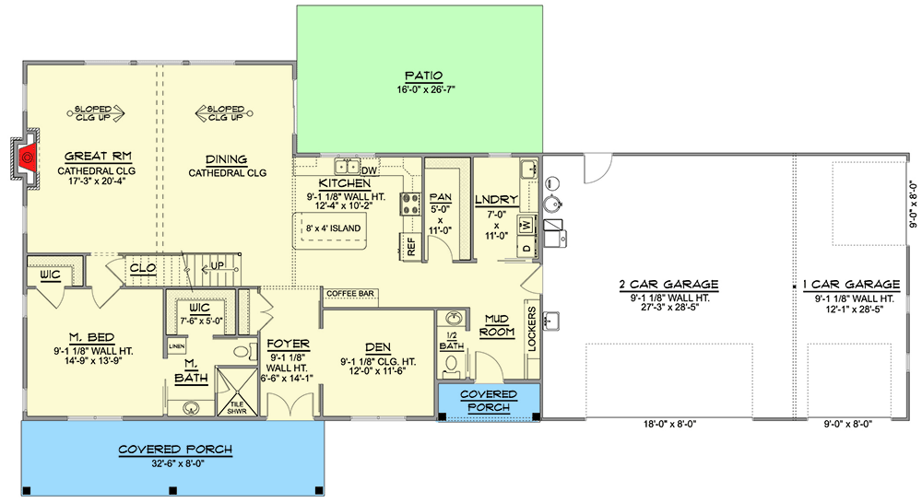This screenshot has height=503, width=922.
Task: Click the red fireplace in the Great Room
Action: click(28, 158)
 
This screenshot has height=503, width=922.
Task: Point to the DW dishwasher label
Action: click(370, 170)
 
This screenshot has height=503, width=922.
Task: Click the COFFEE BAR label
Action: click(349, 294)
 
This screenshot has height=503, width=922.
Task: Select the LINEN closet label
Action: click(176, 346)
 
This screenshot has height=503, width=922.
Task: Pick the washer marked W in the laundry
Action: click(525, 223)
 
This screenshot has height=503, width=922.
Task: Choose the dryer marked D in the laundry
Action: click(525, 247)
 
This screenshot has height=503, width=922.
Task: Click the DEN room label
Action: click(377, 347)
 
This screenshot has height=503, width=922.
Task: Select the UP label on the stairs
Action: click(218, 264)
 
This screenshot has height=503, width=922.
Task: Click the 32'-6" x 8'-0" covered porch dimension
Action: click(174, 463)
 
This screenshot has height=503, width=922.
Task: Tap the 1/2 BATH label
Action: click(451, 341)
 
